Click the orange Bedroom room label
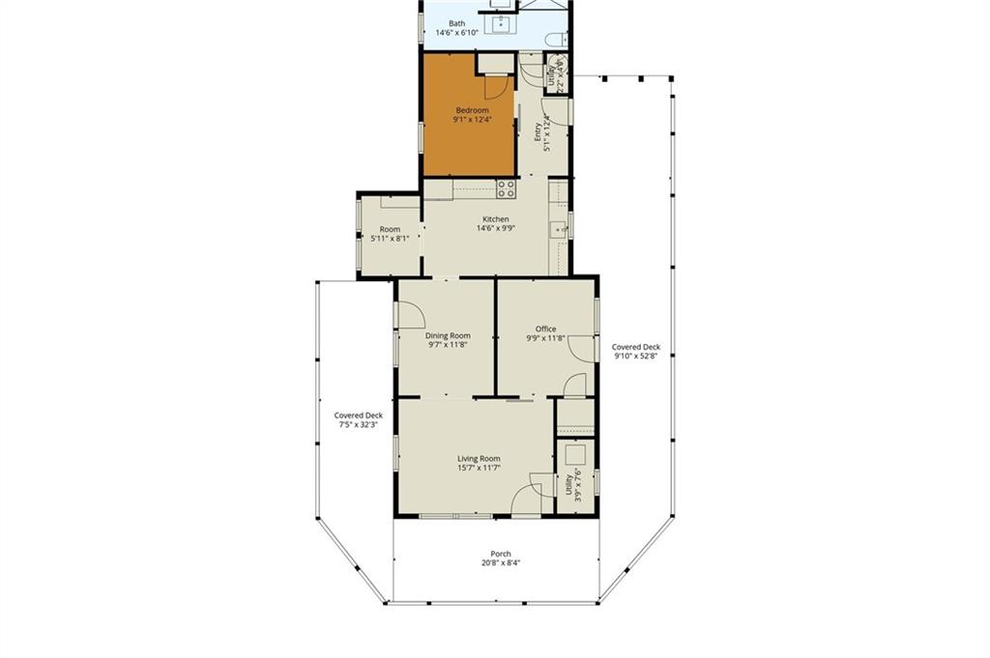coord(472,110)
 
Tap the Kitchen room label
coord(496,219)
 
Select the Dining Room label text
coord(448,336)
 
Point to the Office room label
coord(545,329)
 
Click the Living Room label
coord(480,459)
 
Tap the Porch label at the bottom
coord(502,554)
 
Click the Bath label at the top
coord(457,23)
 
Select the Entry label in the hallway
coord(538,131)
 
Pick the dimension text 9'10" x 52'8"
coord(636,356)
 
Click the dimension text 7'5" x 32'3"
coord(358,424)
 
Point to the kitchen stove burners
coord(507,189)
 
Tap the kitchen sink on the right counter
coord(559,230)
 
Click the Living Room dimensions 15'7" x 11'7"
coord(480,468)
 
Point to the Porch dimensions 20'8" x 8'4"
coord(502,563)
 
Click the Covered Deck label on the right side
coord(636,347)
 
